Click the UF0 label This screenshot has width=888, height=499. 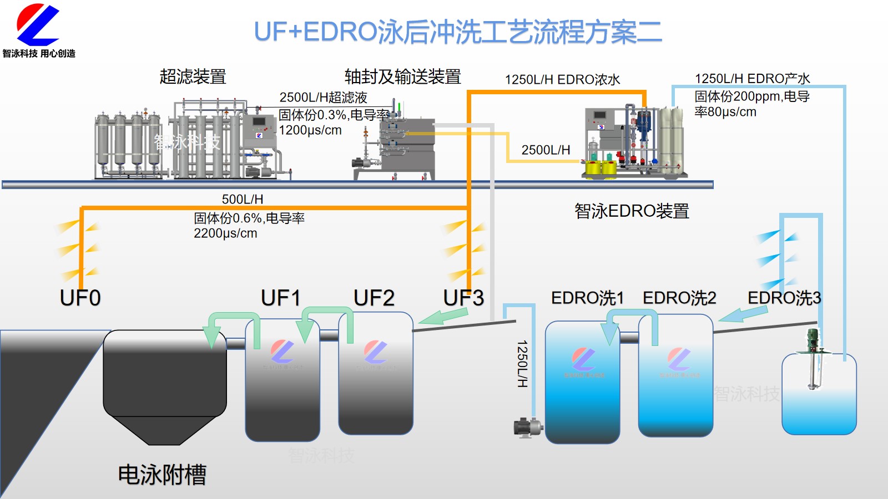click(80, 298)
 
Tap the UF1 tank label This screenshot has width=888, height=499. click(281, 298)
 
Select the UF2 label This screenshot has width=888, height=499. click(374, 298)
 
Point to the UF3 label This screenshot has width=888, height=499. click(463, 298)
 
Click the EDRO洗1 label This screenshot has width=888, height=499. click(587, 298)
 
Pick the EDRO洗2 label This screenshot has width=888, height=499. click(679, 298)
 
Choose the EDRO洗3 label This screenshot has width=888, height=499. click(784, 298)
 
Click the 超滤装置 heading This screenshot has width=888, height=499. click(193, 77)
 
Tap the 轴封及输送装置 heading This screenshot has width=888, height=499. click(403, 77)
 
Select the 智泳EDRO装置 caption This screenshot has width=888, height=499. click(632, 211)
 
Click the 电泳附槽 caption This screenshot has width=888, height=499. click(162, 475)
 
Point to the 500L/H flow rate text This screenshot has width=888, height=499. click(243, 199)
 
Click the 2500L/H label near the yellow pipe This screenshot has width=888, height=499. click(546, 150)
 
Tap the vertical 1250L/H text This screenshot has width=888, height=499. click(522, 364)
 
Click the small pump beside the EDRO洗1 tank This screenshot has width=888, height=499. click(528, 427)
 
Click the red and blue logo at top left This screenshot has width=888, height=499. click(38, 26)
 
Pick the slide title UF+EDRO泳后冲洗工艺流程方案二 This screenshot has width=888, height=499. click(458, 32)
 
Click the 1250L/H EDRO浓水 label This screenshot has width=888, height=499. click(562, 79)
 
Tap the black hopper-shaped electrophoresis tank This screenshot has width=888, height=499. click(165, 383)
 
